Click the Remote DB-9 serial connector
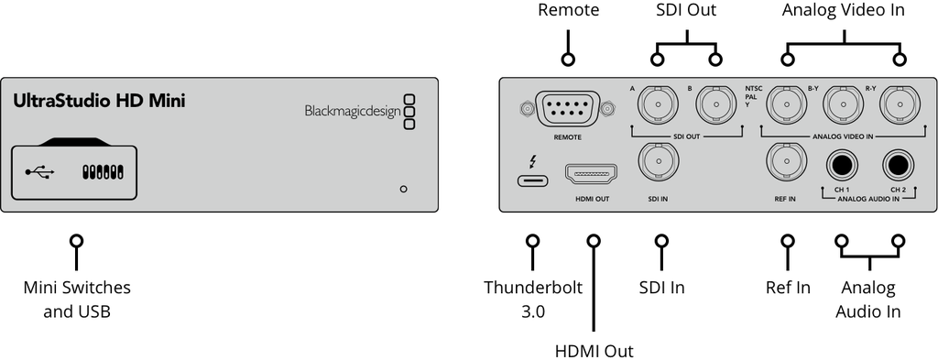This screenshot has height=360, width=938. click(x=569, y=110)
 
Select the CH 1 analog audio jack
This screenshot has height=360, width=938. click(x=842, y=166)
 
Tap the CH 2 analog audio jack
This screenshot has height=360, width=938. click(x=898, y=166)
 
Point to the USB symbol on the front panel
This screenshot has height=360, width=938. click(x=39, y=172)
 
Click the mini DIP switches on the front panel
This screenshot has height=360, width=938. click(x=103, y=172)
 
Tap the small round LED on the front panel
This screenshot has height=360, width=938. click(x=403, y=190)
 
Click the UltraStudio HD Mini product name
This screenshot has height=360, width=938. click(x=99, y=101)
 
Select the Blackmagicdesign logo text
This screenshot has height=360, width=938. click(x=352, y=112)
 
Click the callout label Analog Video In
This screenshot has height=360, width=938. click(x=843, y=11)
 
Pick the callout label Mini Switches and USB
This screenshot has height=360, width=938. click(x=77, y=300)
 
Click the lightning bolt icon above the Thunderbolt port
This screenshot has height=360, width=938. click(x=531, y=161)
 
